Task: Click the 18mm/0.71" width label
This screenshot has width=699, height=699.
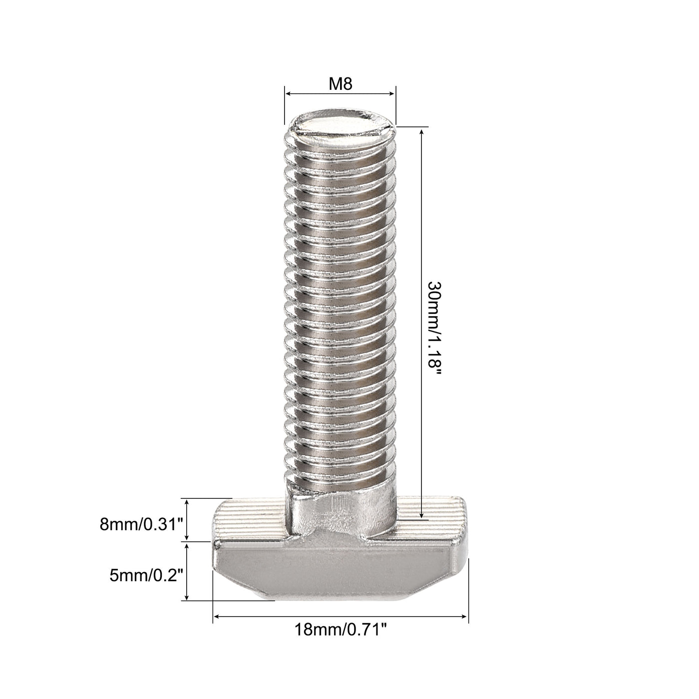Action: pyautogui.click(x=341, y=630)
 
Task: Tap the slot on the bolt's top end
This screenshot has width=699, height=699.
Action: pyautogui.click(x=341, y=132)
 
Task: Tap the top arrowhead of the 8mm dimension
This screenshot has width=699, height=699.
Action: pyautogui.click(x=187, y=501)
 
